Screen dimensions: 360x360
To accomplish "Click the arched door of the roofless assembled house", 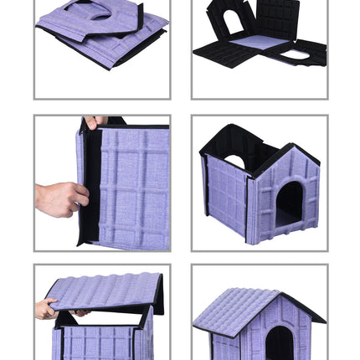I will point(289,203).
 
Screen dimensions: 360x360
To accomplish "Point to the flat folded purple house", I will point(100,33).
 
